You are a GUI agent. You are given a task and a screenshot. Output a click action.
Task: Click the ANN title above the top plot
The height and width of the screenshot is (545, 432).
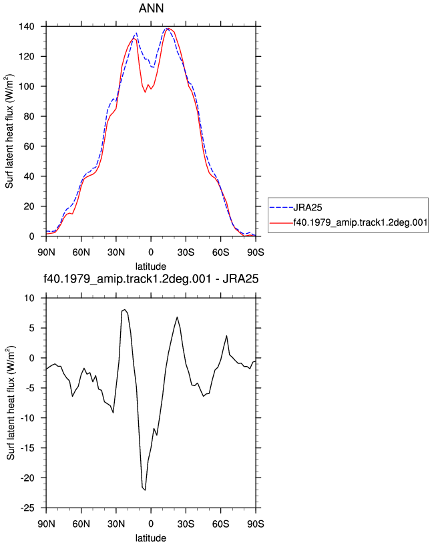[151, 8]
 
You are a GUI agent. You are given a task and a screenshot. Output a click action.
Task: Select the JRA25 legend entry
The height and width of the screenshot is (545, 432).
[308, 208]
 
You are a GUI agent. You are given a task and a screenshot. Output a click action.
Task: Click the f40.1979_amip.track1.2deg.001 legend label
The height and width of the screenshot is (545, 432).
[361, 222]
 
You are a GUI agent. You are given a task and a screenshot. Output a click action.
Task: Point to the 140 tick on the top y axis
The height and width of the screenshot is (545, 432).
[27, 27]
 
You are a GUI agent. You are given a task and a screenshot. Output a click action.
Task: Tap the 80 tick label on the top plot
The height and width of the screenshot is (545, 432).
[29, 116]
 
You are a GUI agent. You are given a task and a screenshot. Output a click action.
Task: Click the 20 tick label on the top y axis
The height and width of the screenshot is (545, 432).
[29, 206]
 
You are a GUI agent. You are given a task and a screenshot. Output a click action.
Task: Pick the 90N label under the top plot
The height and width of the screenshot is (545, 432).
[46, 252]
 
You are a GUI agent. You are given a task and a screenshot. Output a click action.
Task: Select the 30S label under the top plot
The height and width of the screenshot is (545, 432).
[186, 252]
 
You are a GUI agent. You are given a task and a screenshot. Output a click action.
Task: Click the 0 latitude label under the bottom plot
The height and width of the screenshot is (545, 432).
[151, 524]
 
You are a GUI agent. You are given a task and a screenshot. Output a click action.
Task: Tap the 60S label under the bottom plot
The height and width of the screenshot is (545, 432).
[221, 524]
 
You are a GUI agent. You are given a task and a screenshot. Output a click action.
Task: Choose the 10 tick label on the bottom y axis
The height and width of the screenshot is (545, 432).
[29, 299]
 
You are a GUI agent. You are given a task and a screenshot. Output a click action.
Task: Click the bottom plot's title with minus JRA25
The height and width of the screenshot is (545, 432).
[151, 279]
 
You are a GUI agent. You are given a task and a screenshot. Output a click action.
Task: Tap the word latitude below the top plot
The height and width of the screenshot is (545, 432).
[151, 266]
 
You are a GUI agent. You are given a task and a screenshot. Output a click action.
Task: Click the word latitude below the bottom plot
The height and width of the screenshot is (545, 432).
[151, 538]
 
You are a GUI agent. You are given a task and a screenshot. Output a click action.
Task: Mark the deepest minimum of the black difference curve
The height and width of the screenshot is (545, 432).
[145, 490]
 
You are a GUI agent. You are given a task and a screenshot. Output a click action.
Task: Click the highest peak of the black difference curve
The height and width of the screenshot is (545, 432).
[125, 309]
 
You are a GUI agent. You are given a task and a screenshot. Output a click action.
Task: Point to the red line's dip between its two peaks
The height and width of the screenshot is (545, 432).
[146, 92]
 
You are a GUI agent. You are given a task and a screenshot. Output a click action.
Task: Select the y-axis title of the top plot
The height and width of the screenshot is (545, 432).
[9, 132]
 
